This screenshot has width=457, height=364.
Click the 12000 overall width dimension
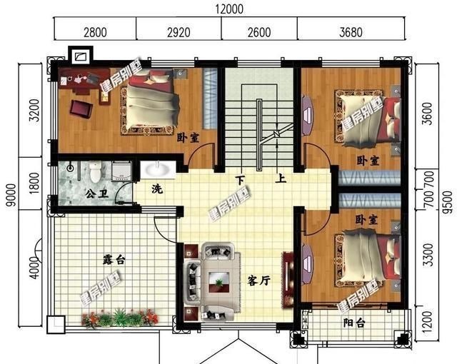(x=228, y=9)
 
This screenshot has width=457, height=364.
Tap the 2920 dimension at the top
(x=179, y=31)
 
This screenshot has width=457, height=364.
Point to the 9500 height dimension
(x=447, y=195)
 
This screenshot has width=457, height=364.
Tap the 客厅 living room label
(x=258, y=280)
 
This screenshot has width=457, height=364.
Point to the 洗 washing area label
(x=156, y=189)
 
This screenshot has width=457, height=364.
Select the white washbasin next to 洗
(x=155, y=169)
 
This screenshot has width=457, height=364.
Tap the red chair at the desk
(x=81, y=109)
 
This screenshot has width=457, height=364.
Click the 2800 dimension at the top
(x=95, y=31)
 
